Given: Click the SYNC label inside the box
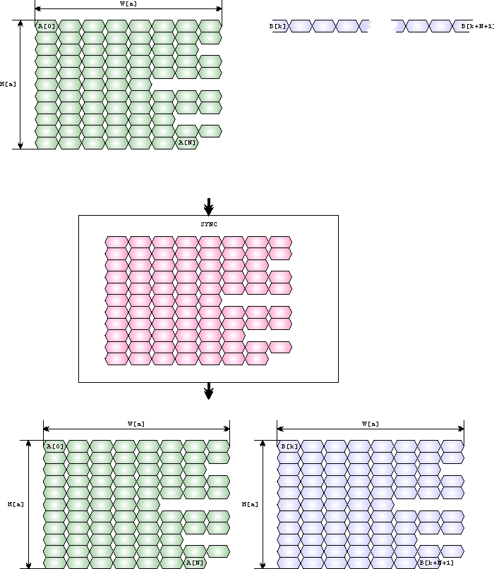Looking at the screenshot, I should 208,224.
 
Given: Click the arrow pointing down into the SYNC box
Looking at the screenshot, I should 208,207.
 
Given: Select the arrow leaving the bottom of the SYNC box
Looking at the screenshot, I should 208,391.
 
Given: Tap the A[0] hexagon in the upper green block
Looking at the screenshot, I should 47,26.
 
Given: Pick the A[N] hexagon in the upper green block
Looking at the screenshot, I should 187,143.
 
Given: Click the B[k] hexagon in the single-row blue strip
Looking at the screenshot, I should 277,26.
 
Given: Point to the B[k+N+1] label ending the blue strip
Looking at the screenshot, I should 477,26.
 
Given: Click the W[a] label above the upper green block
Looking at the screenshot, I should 128,4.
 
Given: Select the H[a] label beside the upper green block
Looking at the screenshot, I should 8,84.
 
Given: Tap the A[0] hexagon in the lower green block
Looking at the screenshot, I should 55,446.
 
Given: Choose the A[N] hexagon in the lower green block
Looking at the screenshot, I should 195,563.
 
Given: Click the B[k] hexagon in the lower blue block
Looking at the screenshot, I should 289,446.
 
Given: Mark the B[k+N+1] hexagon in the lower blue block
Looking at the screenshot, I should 435,563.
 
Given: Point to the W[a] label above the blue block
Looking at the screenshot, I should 370,424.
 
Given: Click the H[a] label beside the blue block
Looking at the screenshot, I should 250,504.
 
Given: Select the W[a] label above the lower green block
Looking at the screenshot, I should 136,424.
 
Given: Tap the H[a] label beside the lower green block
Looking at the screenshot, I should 16,504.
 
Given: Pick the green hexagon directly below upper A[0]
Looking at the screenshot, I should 47,37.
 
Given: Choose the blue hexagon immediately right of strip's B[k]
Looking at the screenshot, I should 301,26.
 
